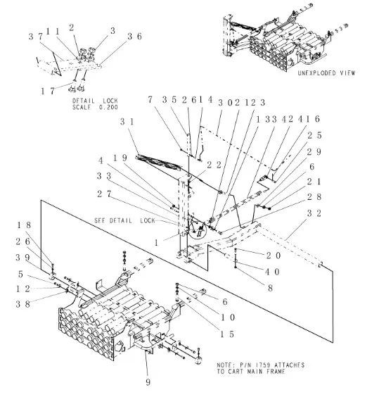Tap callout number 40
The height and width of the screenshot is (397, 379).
point(273,272)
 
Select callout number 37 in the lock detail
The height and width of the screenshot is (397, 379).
point(35,36)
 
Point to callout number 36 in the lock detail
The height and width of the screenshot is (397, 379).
point(135,36)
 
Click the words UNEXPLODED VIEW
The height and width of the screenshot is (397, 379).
point(326,73)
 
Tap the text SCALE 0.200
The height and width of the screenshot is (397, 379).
point(95,107)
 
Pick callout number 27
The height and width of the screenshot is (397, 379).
point(103,192)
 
